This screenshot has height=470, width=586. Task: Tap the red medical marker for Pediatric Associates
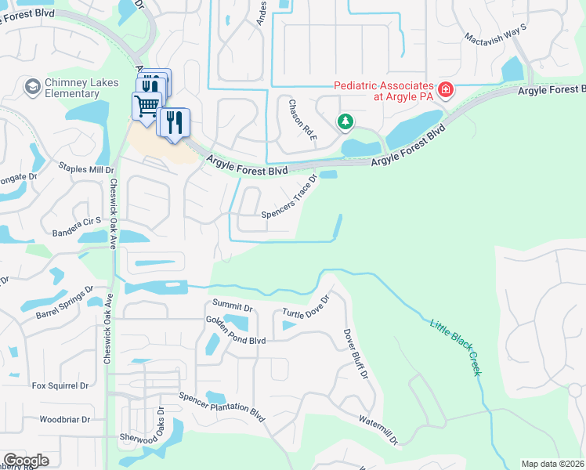point(445,91)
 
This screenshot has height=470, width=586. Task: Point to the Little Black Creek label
point(454,348)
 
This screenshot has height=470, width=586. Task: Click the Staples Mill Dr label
point(86,168)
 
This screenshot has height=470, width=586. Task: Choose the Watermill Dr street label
point(379,428)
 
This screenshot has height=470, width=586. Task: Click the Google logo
point(26,461)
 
